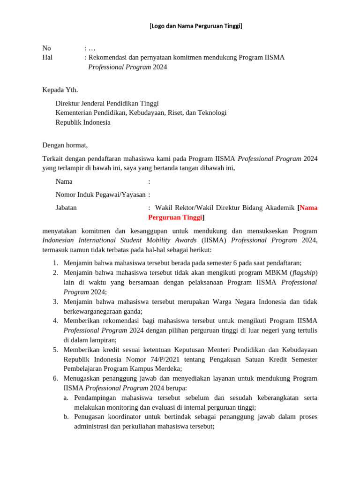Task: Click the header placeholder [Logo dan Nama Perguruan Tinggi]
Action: [195, 26]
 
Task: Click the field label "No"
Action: [46, 48]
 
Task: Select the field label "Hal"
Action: [47, 57]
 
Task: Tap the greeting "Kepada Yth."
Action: [60, 90]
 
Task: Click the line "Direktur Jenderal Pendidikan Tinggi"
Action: [107, 103]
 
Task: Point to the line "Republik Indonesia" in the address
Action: [83, 122]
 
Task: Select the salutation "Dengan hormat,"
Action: [65, 145]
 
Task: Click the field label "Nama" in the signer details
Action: [64, 181]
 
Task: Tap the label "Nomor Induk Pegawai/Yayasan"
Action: [100, 195]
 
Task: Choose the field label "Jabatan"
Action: [66, 207]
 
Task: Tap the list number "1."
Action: [55, 263]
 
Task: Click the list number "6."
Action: [55, 378]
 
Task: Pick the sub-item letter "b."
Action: [66, 417]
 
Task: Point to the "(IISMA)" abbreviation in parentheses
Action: [214, 240]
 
